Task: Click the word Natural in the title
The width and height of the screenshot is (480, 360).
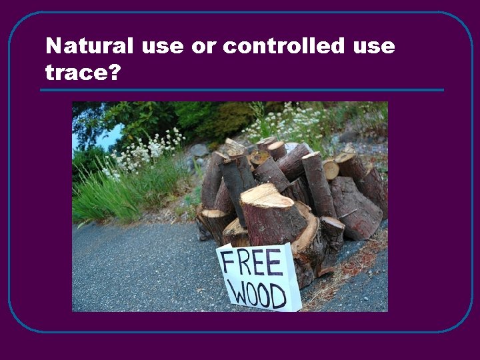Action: [x=91, y=47]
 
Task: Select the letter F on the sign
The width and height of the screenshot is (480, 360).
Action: [x=226, y=262]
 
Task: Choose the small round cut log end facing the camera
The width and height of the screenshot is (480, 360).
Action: [x=331, y=169]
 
